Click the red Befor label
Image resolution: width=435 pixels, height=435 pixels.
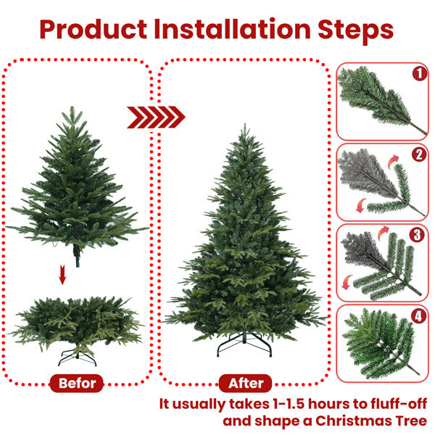[x=77, y=383]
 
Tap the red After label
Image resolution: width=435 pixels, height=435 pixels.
[x=245, y=383]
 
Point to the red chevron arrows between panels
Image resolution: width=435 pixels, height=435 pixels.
[x=156, y=117]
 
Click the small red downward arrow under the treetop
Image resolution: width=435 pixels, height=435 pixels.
[x=63, y=275]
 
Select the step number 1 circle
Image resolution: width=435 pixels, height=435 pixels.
[x=418, y=73]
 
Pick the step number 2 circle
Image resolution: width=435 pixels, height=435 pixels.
[x=418, y=154]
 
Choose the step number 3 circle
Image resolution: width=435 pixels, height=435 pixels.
[x=418, y=235]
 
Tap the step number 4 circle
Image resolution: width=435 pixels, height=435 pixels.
[x=418, y=316]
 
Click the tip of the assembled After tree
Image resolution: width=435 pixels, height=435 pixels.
[x=246, y=128]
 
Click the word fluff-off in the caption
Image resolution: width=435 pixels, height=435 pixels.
[x=395, y=403]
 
